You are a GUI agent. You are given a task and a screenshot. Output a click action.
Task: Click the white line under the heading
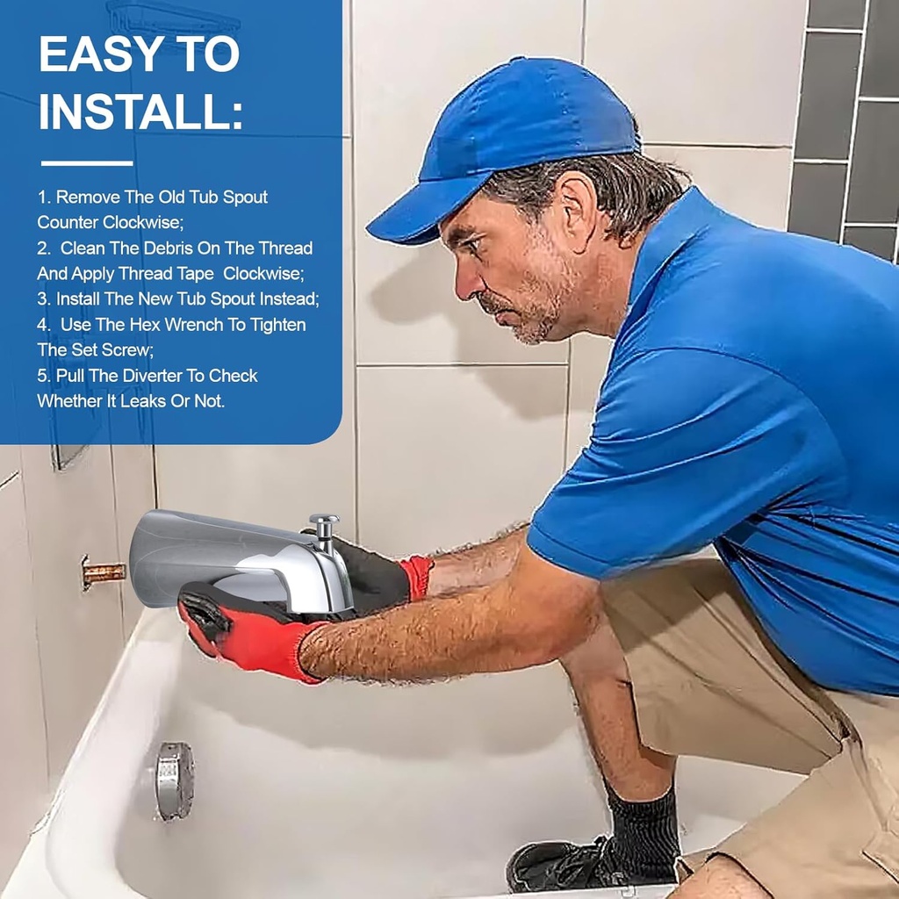pyautogui.click(x=87, y=163)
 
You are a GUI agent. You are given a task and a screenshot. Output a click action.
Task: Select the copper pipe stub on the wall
pyautogui.click(x=102, y=572)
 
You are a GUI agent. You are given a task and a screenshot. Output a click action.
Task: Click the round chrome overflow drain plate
pyautogui.click(x=174, y=780)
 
